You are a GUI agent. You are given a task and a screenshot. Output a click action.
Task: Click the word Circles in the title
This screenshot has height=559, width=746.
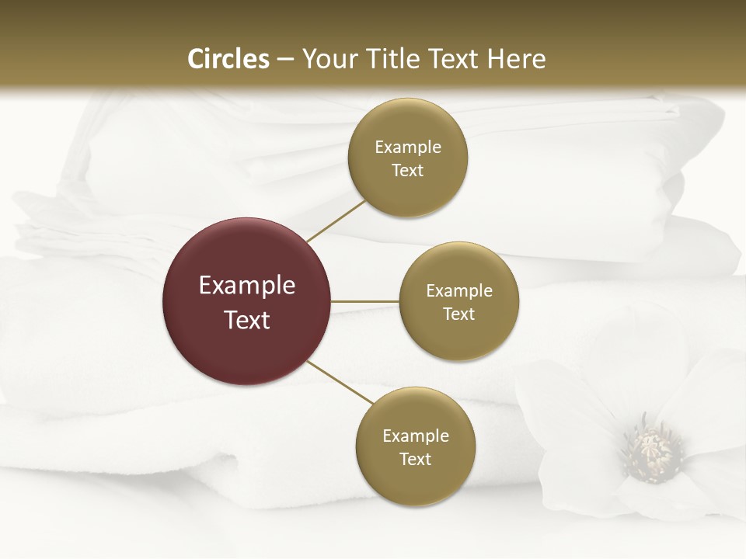coord(228,59)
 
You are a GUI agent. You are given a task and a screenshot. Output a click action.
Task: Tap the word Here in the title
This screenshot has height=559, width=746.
coord(516,59)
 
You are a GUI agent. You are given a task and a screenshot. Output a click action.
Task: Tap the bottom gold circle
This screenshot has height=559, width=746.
coord(416,481)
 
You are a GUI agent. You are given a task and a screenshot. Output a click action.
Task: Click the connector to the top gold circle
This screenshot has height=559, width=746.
coord(335,220)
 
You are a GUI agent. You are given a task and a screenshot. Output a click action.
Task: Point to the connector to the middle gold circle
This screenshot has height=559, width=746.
coord(365,300)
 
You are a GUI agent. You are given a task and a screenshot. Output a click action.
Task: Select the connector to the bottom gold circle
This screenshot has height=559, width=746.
coord(339,382)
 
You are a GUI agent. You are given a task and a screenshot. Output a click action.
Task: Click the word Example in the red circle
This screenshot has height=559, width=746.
coord(247,286)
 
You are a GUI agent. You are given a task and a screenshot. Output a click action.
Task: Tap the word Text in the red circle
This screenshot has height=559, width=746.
coord(247,320)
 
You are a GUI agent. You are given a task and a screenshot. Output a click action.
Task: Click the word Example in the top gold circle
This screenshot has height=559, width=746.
coord(408,147)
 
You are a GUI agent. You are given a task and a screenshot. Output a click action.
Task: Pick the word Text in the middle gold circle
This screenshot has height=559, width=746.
coord(459,314)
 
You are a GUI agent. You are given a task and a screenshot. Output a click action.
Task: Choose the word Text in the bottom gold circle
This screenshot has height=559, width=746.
coord(416,459)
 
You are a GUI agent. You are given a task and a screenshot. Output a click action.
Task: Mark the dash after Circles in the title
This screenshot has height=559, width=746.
coord(285,60)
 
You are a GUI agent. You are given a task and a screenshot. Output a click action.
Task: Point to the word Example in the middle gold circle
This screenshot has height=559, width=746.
coord(459,291)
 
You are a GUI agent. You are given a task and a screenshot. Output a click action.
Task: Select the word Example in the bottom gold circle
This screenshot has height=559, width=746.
coord(416,436)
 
